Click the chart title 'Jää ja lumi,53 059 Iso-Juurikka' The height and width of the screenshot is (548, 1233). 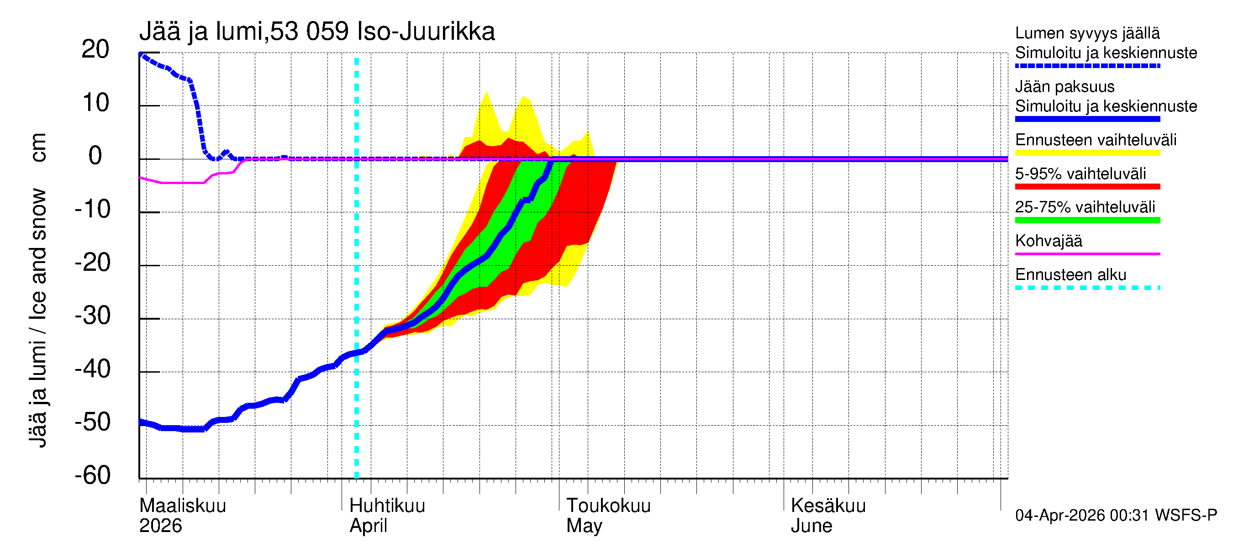point(317,32)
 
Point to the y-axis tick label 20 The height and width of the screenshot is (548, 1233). point(95,49)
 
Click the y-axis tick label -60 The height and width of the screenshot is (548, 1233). point(92,475)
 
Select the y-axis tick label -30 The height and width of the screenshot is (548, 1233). point(92,316)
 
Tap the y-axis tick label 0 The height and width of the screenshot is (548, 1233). point(95,156)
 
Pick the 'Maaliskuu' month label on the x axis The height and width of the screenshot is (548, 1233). point(182,506)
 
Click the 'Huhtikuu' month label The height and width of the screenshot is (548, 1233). point(387,506)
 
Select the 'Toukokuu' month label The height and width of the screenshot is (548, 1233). point(608,506)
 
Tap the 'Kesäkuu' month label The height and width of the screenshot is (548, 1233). point(828,506)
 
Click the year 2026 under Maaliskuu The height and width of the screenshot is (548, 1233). point(160,526)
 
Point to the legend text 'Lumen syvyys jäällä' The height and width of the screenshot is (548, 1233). point(1087,33)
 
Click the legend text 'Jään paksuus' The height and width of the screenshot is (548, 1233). point(1064,87)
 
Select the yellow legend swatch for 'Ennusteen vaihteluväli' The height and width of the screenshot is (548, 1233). point(1087,153)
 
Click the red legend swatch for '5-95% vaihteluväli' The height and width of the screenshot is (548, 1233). point(1087,186)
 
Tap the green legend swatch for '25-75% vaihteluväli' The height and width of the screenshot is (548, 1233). point(1087,220)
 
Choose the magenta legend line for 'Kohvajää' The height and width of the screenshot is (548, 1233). point(1087,253)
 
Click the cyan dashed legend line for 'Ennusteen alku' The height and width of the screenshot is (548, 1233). point(1087,288)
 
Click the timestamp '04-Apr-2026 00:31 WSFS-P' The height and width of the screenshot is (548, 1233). point(1116,516)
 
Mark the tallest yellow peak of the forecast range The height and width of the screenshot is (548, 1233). point(487,92)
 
